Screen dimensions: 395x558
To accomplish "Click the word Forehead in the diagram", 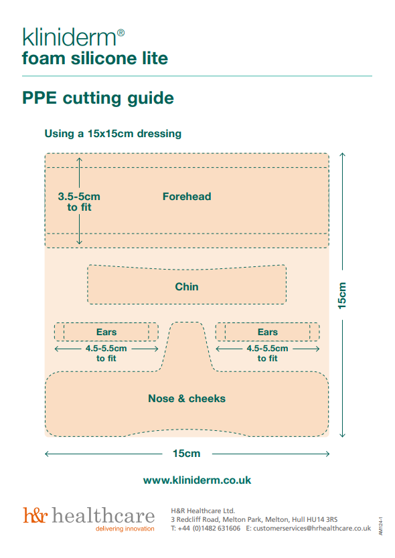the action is pyautogui.click(x=187, y=197).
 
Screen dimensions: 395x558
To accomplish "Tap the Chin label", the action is pyautogui.click(x=187, y=286).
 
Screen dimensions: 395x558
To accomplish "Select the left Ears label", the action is pyautogui.click(x=106, y=332).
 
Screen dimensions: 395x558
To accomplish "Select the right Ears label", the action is pyautogui.click(x=268, y=332).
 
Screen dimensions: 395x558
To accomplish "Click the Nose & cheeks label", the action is pyautogui.click(x=187, y=398).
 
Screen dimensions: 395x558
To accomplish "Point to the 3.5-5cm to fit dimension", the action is pyautogui.click(x=79, y=202).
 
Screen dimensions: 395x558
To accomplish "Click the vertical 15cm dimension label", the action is pyautogui.click(x=342, y=295).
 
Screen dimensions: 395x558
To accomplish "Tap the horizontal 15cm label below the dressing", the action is pyautogui.click(x=187, y=454).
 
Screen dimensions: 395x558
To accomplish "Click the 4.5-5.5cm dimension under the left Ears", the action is pyautogui.click(x=106, y=353).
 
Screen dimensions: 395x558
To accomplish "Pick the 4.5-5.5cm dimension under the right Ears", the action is pyautogui.click(x=268, y=353).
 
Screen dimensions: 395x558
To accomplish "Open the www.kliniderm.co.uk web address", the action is pyautogui.click(x=197, y=480).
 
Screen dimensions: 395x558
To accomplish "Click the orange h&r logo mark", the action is pyautogui.click(x=35, y=515).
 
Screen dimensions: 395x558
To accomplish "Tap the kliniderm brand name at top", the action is pyautogui.click(x=69, y=37).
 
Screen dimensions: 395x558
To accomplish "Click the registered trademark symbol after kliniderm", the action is pyautogui.click(x=121, y=33).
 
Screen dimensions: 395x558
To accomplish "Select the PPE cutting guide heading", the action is pyautogui.click(x=98, y=98).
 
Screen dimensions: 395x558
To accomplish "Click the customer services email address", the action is pyautogui.click(x=312, y=528).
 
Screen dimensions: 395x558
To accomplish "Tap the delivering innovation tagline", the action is pyautogui.click(x=125, y=529).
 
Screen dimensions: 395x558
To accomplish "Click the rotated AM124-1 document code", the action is pyautogui.click(x=381, y=526).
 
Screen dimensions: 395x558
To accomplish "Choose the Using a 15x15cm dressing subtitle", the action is pyautogui.click(x=113, y=133).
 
